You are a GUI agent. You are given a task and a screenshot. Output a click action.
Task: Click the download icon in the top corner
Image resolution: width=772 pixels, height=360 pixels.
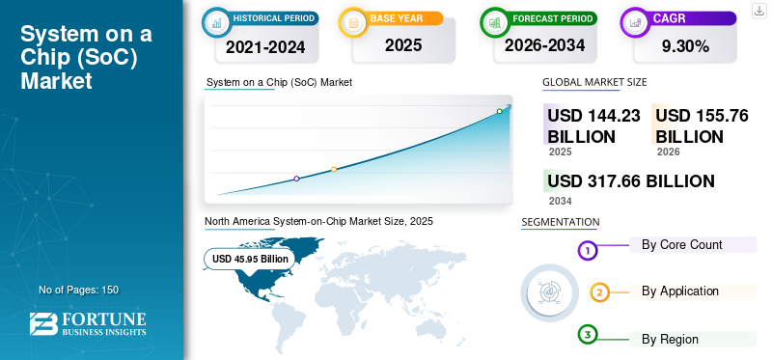coord(758,11)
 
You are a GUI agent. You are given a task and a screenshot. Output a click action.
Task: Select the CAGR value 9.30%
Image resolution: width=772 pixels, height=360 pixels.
coord(685,46)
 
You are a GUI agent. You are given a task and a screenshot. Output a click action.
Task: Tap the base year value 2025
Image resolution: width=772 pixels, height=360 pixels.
coord(403,45)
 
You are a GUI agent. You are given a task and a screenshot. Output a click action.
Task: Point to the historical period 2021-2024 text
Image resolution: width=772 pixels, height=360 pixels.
coord(265,46)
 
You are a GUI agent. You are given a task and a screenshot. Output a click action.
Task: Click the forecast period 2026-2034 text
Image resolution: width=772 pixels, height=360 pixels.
coord(544,45)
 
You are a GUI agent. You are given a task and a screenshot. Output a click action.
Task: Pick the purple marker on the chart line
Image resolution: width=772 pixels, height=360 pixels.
coord(296,179)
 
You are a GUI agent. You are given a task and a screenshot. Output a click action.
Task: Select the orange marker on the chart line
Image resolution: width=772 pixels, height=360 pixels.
coord(334,170)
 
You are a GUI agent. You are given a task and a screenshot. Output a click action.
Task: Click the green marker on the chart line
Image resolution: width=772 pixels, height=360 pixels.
coord(499,111)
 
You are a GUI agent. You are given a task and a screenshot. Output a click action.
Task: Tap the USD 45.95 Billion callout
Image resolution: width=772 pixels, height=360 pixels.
coord(250,259)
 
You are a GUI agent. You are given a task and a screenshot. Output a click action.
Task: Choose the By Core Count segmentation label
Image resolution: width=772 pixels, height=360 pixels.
coord(682,245)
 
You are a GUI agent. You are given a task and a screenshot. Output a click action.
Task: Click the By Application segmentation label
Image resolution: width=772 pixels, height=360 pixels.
coord(680,291)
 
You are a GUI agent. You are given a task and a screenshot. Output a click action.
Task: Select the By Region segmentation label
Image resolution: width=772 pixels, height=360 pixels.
coord(670,340)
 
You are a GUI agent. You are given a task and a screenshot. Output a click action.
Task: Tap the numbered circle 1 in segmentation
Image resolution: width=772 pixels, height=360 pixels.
coord(587,251)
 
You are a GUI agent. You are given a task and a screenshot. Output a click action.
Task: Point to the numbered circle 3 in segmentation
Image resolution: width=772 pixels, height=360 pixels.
coord(587,335)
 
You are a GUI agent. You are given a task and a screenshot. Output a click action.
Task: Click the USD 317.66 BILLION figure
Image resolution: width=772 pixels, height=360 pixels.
coord(631,181)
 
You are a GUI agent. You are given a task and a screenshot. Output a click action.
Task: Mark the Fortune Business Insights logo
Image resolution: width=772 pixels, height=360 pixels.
coord(88,324)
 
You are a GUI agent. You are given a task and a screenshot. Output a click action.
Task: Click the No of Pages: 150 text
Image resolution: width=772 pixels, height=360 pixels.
coord(79,290)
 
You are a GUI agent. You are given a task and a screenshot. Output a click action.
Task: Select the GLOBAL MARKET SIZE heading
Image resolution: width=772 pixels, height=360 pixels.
coord(594,82)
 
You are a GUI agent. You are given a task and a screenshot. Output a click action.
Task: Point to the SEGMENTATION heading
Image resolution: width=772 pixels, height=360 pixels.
coord(561,222)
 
